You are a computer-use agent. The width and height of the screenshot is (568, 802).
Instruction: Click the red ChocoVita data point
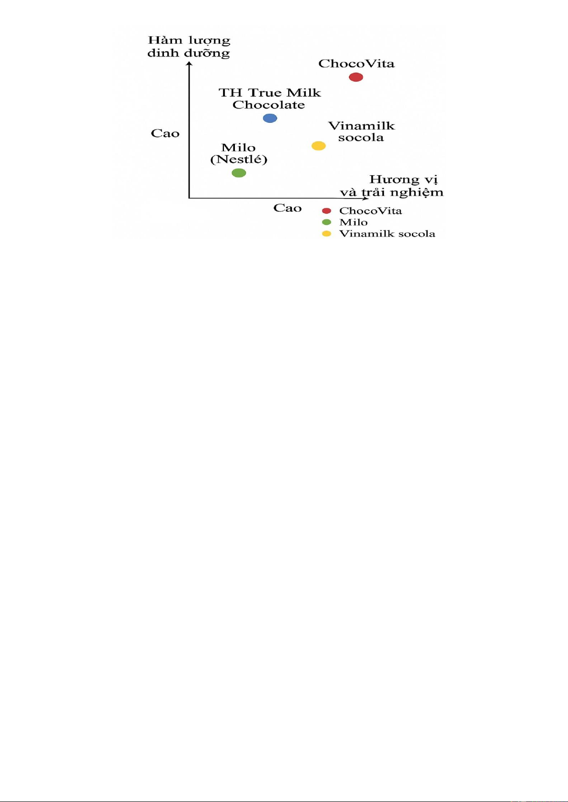[x=356, y=77]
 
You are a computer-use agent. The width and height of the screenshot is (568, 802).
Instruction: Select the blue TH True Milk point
[x=270, y=118]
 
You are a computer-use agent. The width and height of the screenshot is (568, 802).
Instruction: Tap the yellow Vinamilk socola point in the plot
[x=319, y=146]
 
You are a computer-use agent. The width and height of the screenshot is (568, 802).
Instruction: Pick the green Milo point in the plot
[x=239, y=173]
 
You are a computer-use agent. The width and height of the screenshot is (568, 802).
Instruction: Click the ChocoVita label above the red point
[x=356, y=64]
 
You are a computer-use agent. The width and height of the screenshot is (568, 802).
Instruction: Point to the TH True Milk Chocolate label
[x=270, y=99]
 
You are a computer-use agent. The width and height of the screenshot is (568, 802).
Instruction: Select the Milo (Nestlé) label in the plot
[x=239, y=153]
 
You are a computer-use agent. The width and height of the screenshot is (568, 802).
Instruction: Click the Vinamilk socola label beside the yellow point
[x=361, y=131]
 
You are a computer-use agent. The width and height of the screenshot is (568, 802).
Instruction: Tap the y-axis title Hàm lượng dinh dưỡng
[x=189, y=47]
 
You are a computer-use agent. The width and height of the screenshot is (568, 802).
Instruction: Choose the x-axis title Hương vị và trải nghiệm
[x=392, y=186]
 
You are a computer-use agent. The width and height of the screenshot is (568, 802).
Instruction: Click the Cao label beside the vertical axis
[x=165, y=134]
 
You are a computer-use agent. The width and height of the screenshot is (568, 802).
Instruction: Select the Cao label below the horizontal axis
[x=287, y=208]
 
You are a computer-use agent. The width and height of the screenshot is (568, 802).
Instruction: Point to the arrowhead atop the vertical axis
[x=189, y=63]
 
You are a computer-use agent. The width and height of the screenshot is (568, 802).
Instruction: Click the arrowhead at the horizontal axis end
[x=365, y=198]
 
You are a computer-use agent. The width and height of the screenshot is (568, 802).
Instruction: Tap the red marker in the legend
[x=326, y=210]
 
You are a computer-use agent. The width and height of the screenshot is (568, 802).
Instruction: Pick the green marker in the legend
[x=326, y=222]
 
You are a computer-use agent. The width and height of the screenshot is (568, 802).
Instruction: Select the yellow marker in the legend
[x=326, y=233]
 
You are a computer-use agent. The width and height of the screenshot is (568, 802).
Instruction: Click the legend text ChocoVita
[x=371, y=210]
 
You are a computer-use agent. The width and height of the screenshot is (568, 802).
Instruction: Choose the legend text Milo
[x=354, y=222]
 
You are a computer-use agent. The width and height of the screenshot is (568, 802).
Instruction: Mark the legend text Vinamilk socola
[x=387, y=233]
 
